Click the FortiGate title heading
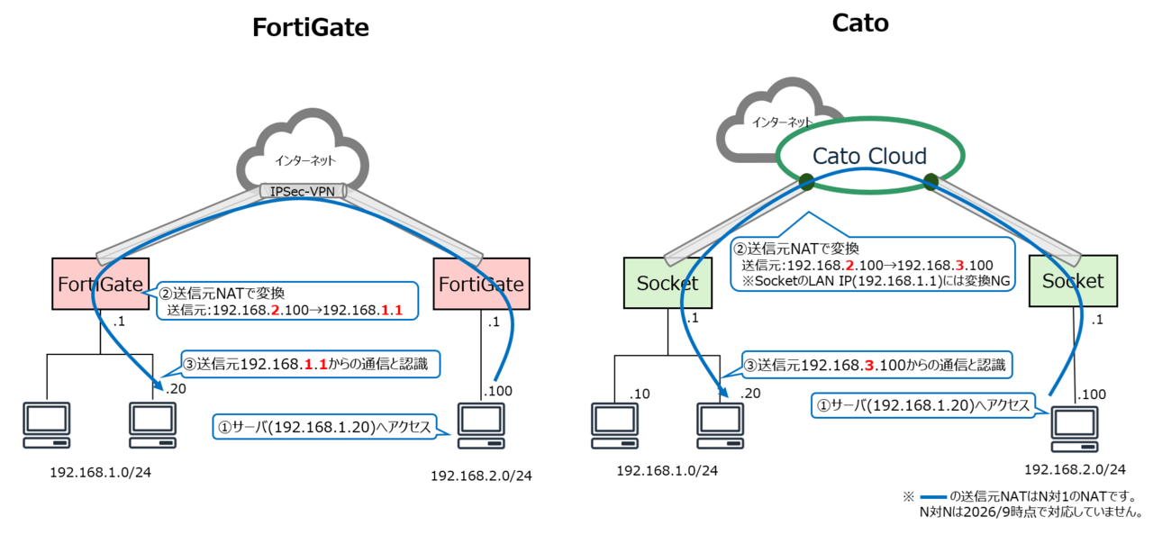pyautogui.click(x=311, y=27)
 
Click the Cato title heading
pyautogui.click(x=860, y=23)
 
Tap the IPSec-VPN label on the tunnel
pyautogui.click(x=302, y=191)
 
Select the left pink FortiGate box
pyautogui.click(x=100, y=284)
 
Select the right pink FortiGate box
pyautogui.click(x=481, y=284)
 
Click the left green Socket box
pyautogui.click(x=667, y=283)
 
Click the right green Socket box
pyautogui.click(x=1073, y=281)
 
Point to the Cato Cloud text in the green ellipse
pyautogui.click(x=869, y=156)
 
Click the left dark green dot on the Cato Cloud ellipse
pyautogui.click(x=806, y=182)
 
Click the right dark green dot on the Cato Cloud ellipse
pyautogui.click(x=931, y=182)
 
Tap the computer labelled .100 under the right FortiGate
pyautogui.click(x=481, y=426)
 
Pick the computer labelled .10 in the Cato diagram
pyautogui.click(x=614, y=426)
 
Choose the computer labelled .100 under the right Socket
pyautogui.click(x=1075, y=429)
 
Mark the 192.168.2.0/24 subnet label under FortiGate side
pyautogui.click(x=481, y=476)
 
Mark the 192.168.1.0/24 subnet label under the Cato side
pyautogui.click(x=667, y=471)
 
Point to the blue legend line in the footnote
pyautogui.click(x=933, y=497)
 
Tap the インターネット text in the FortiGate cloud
pyautogui.click(x=304, y=161)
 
